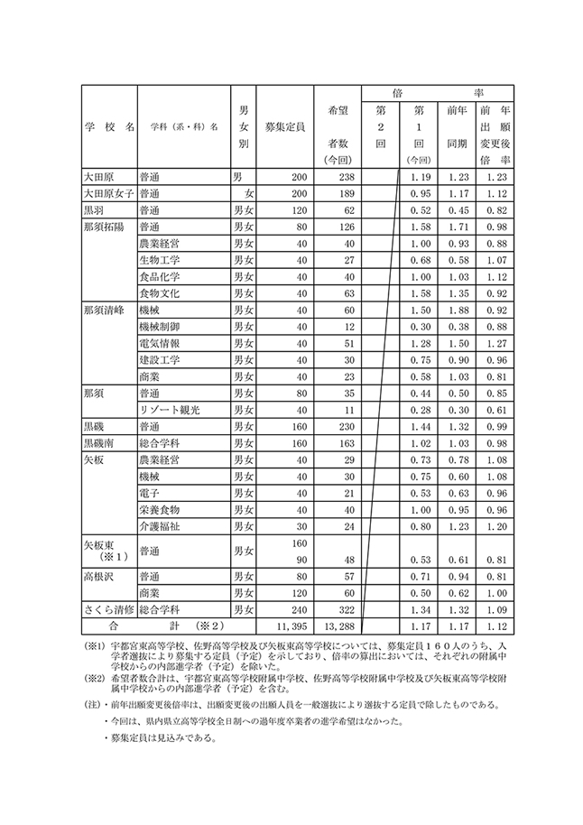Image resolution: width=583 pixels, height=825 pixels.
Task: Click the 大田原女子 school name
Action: coord(106,192)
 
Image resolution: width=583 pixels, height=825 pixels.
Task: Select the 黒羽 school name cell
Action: coord(96,209)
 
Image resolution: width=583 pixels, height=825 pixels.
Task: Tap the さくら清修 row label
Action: coord(108,609)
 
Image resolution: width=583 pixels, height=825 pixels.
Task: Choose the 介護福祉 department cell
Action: coord(161,526)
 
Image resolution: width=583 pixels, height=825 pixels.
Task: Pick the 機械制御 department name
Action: coord(161,326)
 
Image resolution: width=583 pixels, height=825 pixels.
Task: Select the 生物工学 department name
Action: coord(161,259)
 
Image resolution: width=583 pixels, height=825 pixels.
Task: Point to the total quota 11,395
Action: coord(286,626)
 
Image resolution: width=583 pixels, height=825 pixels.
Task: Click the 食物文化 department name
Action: coord(161,292)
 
